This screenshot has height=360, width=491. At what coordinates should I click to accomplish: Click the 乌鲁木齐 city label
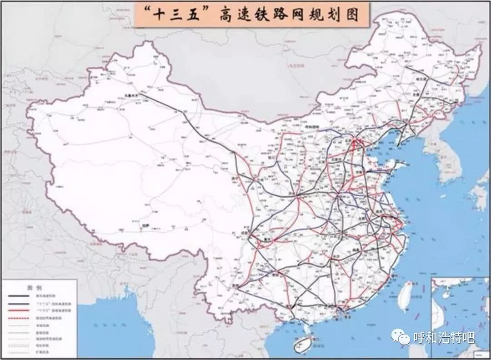pos(131,95)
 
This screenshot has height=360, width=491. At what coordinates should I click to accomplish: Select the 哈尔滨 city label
pos(421,78)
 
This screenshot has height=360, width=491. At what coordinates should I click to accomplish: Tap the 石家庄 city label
pos(337,160)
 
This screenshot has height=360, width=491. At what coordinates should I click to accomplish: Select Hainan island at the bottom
pos(302,344)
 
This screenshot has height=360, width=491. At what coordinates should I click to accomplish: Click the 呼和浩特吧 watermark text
pos(443,338)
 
